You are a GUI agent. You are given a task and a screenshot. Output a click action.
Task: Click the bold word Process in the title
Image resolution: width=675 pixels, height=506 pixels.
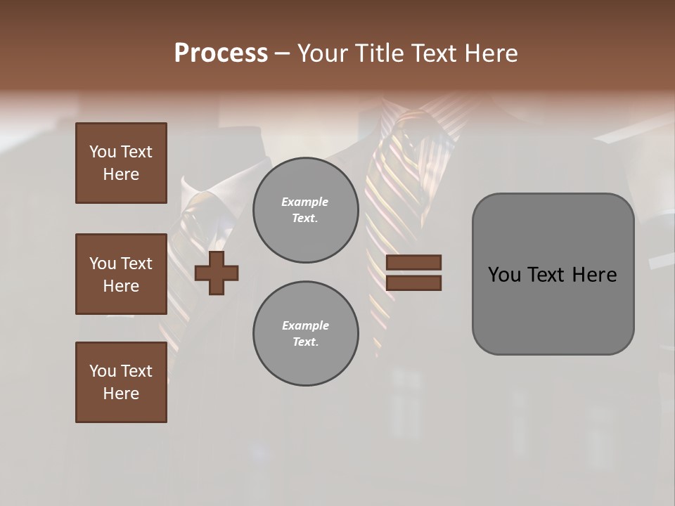[221, 53]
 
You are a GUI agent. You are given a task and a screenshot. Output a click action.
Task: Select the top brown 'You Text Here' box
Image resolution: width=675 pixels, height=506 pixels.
[121, 163]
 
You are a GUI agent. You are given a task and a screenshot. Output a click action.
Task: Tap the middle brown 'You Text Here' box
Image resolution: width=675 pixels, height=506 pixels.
[121, 274]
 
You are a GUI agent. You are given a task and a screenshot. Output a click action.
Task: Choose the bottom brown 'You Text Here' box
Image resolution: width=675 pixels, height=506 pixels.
[121, 382]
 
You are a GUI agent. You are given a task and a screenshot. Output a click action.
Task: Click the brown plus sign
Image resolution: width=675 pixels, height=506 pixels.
[217, 272]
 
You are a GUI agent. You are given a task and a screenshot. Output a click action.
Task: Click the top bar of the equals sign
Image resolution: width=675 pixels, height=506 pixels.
[413, 263]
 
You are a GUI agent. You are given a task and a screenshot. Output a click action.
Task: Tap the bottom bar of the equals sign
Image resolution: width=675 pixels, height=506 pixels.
[413, 283]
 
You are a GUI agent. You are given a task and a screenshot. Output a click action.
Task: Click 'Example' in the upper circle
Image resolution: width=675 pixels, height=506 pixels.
[305, 202]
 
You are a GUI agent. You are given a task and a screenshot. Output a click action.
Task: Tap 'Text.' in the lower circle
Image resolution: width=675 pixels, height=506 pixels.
[305, 342]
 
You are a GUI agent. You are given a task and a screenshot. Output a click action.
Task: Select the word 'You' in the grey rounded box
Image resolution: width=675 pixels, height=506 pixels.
[504, 275]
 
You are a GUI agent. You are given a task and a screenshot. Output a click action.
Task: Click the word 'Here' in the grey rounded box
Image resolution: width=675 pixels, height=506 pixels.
[594, 275]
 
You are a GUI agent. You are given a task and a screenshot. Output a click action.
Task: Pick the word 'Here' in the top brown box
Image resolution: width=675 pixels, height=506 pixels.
[121, 174]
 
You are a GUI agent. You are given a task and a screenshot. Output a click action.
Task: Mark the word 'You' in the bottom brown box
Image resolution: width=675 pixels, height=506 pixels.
[103, 371]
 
